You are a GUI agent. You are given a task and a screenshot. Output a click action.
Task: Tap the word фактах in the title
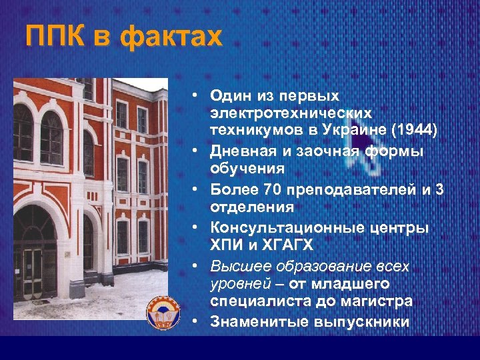pyautogui.click(x=172, y=37)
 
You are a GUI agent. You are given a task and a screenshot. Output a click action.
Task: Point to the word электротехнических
pyautogui.click(x=291, y=113)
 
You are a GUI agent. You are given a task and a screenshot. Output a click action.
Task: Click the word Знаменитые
pyautogui.click(x=258, y=321)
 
